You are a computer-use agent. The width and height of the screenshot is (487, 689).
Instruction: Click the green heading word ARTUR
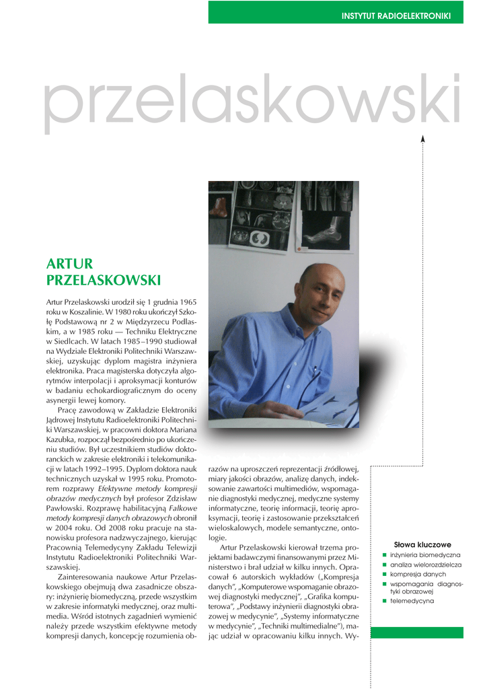click(69, 264)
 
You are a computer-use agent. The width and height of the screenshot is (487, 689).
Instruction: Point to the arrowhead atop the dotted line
click(423, 139)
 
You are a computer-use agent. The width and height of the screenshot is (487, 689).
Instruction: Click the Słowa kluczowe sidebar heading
click(422, 544)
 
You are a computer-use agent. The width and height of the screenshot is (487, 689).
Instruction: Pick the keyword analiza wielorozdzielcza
click(426, 565)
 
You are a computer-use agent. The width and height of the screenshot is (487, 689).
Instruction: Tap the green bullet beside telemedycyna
click(384, 600)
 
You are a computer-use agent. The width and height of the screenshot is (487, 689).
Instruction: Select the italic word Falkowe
click(182, 510)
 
